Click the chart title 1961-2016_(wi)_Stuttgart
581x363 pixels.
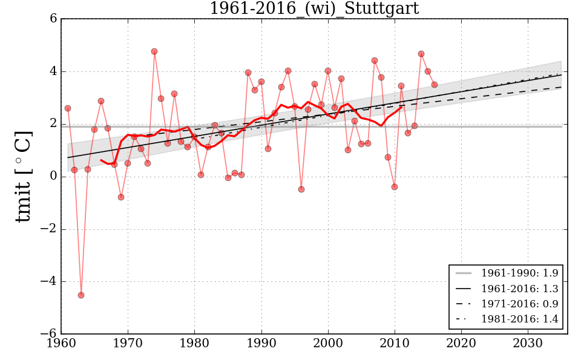(313, 8)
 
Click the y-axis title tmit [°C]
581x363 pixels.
(24, 176)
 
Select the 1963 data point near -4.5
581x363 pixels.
(81, 295)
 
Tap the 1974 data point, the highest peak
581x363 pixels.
(154, 51)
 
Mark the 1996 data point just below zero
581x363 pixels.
(301, 189)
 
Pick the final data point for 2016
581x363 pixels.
(435, 85)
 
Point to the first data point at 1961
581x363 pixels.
(68, 108)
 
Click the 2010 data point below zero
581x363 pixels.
(395, 187)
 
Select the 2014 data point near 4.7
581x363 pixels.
(421, 54)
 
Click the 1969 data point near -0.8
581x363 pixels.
(121, 197)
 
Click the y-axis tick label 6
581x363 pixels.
(53, 19)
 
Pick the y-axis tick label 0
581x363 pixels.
(53, 177)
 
